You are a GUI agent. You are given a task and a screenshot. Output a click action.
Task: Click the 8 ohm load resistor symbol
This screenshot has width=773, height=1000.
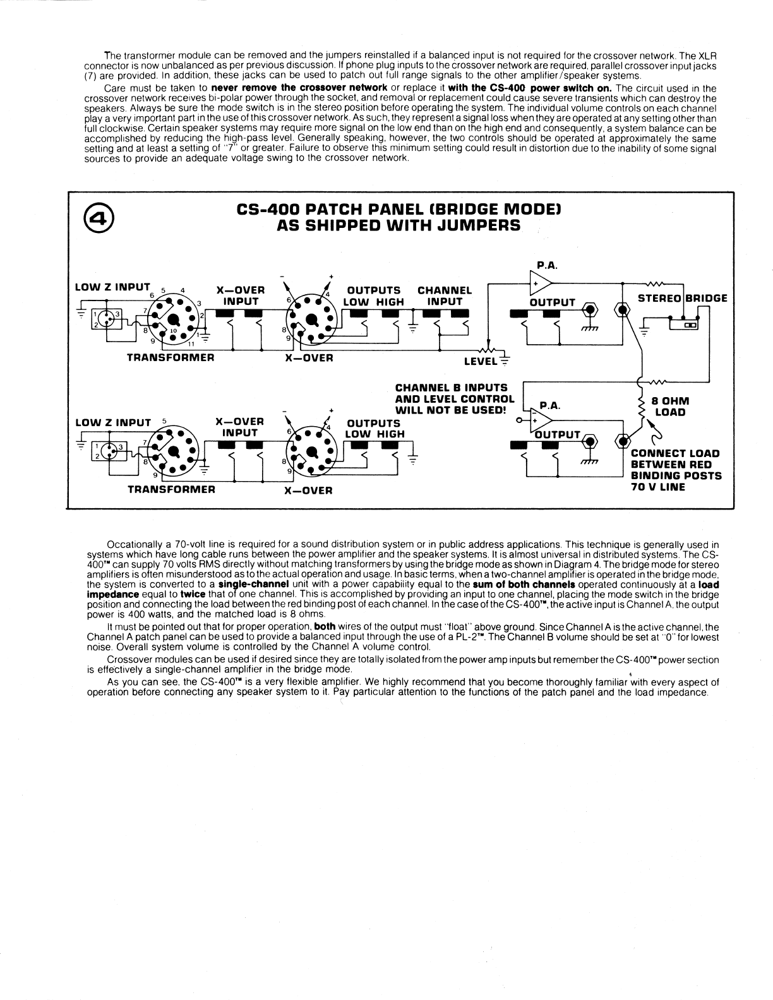642,407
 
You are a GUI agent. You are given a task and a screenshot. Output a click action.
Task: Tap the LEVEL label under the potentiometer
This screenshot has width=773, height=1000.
481,361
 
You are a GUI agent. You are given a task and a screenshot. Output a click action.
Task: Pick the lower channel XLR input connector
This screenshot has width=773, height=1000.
107,451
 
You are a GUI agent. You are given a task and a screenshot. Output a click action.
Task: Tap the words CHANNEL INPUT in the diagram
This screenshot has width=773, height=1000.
445,296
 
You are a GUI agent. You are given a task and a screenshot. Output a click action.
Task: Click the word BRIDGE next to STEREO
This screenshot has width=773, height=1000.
706,298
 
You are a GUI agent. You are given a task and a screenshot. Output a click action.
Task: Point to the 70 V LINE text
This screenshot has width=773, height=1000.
658,487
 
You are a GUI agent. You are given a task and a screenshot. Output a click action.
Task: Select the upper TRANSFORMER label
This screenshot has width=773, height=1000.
171,357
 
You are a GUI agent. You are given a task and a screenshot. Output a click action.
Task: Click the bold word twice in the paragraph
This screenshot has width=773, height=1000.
193,594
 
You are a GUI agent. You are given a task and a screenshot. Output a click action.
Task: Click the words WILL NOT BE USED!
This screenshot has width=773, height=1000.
450,410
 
